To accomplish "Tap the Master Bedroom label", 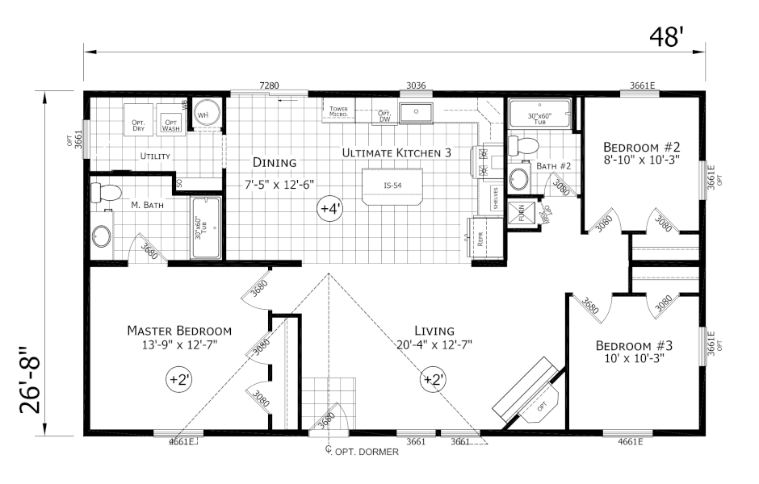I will tap(179, 331).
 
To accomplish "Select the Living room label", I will tap(434, 331).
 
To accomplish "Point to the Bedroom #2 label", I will tap(643, 148).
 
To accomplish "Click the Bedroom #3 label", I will tap(634, 346).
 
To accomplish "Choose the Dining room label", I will tap(274, 162).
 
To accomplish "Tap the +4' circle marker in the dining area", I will tap(330, 209).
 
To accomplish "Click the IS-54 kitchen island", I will tap(392, 186).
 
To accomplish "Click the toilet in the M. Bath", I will tap(105, 193).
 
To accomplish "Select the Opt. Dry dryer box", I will tap(137, 123).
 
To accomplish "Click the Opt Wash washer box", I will tap(170, 123).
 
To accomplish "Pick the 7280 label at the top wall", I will tap(269, 85).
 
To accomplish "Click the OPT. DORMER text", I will tap(367, 452).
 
